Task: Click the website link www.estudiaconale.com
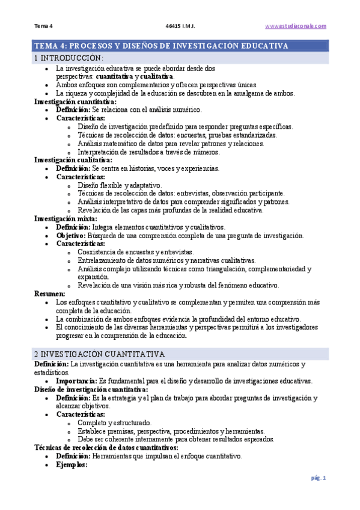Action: (296, 26)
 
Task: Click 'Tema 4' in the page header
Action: (43, 26)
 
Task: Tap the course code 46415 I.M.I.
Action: (180, 26)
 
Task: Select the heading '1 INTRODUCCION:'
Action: (69, 58)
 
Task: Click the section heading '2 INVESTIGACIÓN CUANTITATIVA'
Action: (100, 354)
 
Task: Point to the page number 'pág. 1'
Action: (318, 478)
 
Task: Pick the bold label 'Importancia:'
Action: (76, 381)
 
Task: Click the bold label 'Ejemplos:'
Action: (72, 465)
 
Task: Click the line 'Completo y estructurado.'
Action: (114, 423)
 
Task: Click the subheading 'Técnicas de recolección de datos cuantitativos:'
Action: (106, 447)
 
